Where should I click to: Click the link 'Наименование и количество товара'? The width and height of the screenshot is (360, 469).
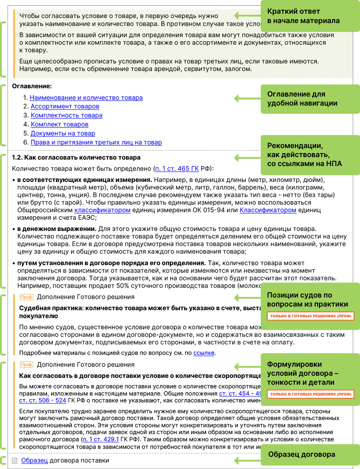86,98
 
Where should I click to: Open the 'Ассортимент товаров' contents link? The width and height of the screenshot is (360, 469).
65,106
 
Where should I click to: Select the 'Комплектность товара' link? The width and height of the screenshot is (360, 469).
67,115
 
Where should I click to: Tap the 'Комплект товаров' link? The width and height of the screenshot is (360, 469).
59,124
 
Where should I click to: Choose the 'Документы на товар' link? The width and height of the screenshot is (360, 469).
63,133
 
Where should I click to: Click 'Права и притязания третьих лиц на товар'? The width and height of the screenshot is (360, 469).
96,142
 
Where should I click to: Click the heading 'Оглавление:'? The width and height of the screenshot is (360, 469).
32,86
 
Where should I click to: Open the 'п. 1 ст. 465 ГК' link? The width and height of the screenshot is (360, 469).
177,169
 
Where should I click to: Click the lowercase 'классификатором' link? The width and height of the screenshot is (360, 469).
102,210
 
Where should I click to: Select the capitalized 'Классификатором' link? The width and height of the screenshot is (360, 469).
268,210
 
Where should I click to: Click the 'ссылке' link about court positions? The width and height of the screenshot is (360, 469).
204,353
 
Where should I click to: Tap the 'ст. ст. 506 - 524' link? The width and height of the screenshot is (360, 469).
42,400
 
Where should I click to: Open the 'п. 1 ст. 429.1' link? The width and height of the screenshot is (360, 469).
101,439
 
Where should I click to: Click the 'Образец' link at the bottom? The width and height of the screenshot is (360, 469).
34,460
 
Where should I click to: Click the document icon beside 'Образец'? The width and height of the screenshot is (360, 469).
14,461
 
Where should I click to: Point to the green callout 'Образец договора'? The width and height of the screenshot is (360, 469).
302,455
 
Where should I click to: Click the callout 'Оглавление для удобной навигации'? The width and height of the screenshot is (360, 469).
310,99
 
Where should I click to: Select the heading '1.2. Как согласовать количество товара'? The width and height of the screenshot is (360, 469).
76,157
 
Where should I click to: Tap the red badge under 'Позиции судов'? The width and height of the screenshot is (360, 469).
310,316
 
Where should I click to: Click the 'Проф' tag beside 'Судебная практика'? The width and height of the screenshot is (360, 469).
26,297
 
